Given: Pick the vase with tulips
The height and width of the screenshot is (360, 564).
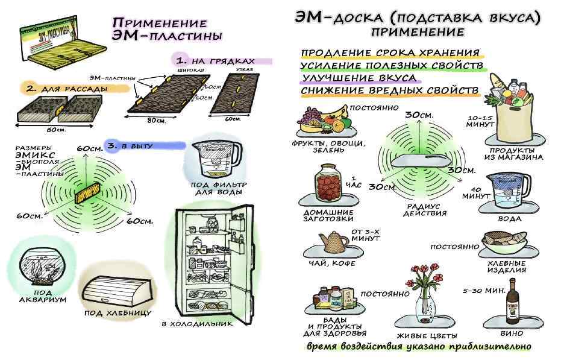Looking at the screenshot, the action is (x=426, y=296).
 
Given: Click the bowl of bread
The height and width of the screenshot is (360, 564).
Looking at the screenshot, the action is (x=506, y=244).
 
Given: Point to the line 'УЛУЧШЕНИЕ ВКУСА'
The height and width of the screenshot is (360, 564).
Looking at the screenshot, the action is (x=359, y=78).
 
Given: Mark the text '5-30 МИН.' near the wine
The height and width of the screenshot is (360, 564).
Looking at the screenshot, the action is (x=483, y=291).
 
